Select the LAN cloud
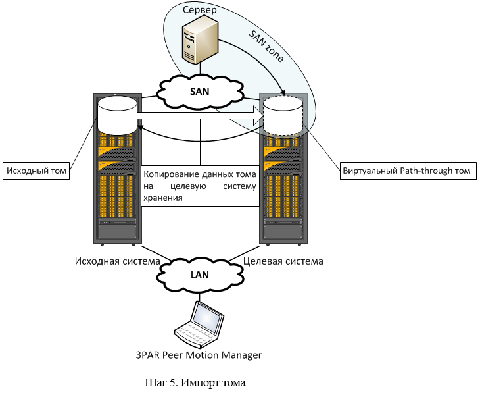click(200, 274)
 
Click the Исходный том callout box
click(36, 171)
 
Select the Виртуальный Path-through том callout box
click(407, 171)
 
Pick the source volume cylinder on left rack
click(116, 116)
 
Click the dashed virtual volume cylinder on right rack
click(283, 116)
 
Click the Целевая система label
click(283, 261)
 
